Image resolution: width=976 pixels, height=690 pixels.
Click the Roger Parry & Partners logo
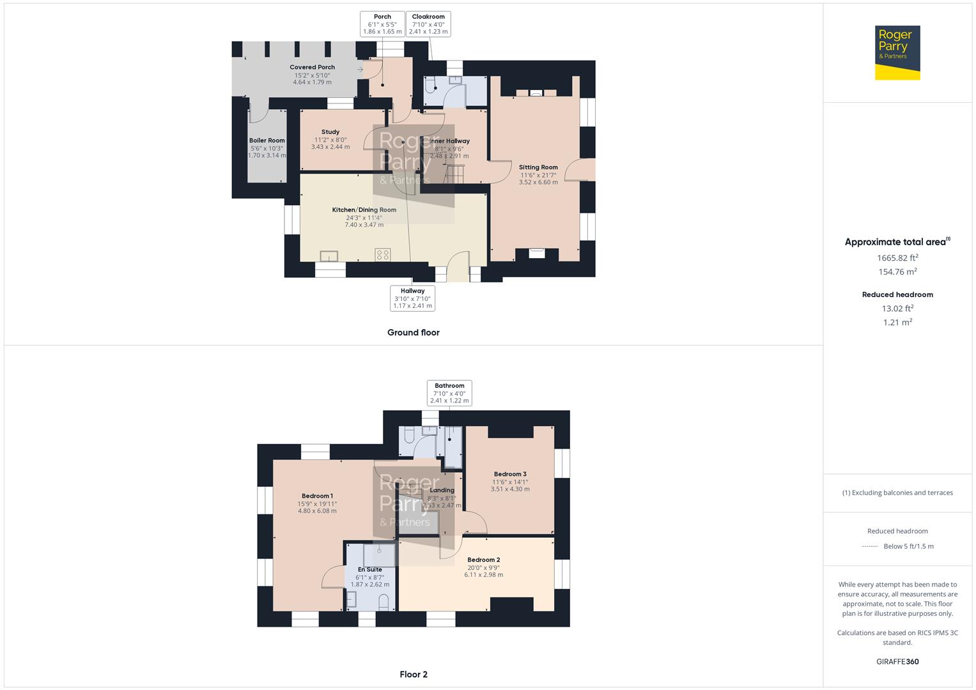(897, 52)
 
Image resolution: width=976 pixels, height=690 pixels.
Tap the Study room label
(330, 132)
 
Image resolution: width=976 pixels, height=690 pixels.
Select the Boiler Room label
(267, 141)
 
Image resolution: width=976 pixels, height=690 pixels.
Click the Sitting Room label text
(538, 167)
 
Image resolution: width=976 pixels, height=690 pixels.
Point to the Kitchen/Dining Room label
(364, 210)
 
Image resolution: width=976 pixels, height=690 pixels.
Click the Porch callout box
(382, 24)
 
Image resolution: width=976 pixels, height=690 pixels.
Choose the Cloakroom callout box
(428, 24)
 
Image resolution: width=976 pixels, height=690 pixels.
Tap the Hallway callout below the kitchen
(412, 298)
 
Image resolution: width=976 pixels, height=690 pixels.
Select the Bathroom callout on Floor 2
(449, 393)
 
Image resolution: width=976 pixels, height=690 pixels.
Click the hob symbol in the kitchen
(383, 255)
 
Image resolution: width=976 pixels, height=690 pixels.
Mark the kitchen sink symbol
(329, 256)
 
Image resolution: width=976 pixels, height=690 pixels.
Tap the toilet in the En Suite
(383, 602)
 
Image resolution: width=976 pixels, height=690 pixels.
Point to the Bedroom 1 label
(317, 496)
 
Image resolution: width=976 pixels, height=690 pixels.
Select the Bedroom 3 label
(510, 474)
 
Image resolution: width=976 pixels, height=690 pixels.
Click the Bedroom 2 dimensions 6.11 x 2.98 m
(483, 575)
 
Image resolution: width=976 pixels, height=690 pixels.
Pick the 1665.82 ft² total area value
(897, 258)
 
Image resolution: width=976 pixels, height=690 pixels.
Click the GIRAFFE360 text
(897, 661)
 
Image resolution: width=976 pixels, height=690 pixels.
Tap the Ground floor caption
(413, 332)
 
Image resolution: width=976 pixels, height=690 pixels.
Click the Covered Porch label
(312, 67)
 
